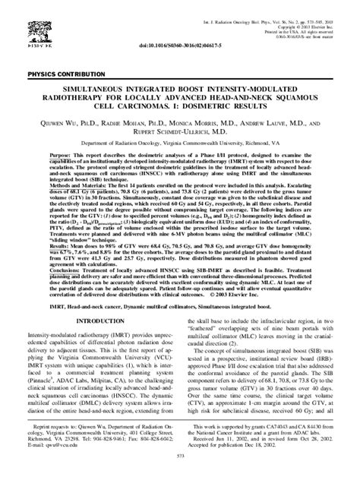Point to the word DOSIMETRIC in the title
[210, 108]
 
